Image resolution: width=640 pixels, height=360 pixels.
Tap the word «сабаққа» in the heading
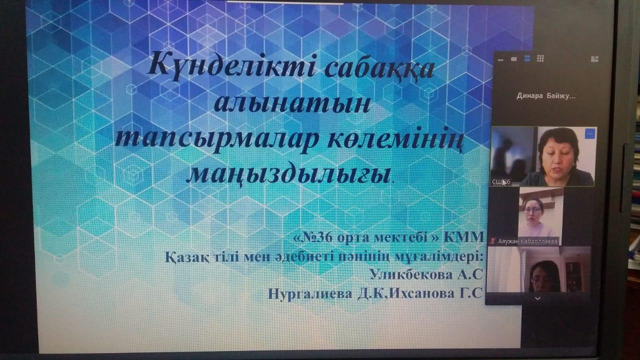coord(379,69)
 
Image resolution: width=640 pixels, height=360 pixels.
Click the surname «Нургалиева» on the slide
coord(310,294)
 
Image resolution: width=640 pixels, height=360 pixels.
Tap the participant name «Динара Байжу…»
coord(546,96)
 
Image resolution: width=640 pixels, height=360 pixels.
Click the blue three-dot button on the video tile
coord(589,134)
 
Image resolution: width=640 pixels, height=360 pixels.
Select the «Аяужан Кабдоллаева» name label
coord(527,241)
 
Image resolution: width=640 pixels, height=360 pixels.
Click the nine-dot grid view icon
coord(540,59)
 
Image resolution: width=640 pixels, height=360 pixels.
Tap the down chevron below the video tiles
coord(537,299)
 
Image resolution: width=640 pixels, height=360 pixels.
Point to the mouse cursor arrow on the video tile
coord(504,183)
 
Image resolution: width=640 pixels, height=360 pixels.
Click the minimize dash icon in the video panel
coord(500,60)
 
